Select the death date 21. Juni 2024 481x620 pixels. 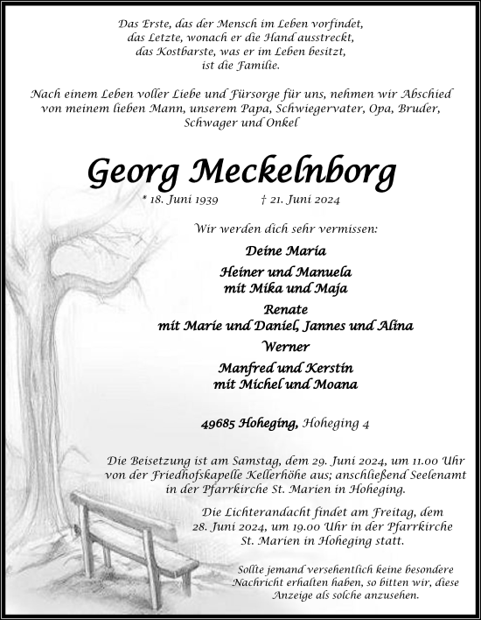click(301, 201)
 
